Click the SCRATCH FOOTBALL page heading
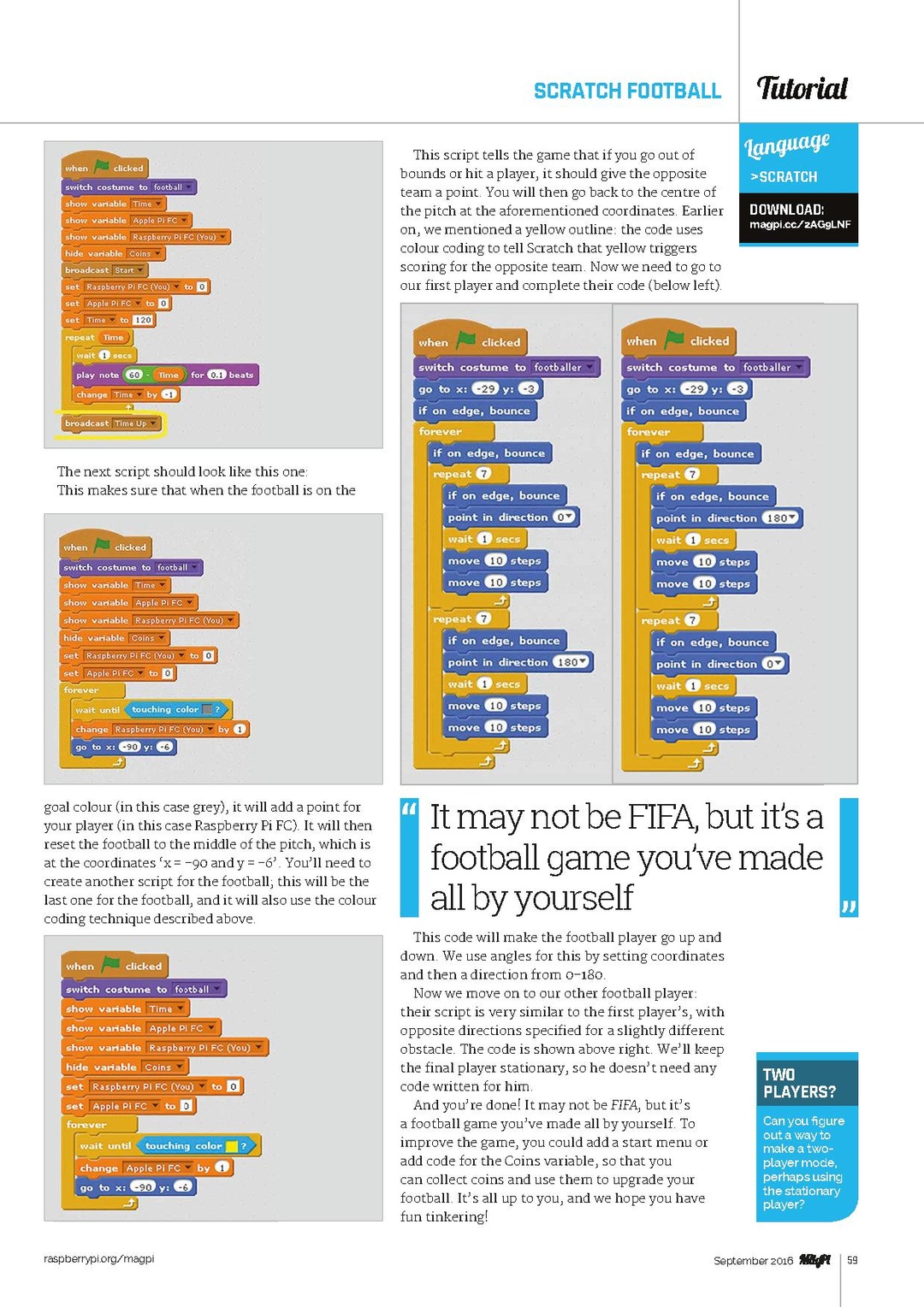pyautogui.click(x=627, y=91)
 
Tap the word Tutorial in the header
pyautogui.click(x=802, y=88)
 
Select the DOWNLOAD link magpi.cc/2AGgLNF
pyautogui.click(x=800, y=225)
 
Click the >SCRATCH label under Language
pyautogui.click(x=784, y=177)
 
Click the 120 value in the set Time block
pyautogui.click(x=143, y=320)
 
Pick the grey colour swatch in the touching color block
pyautogui.click(x=206, y=709)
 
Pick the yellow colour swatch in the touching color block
pyautogui.click(x=231, y=1146)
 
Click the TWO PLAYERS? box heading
pyautogui.click(x=798, y=1083)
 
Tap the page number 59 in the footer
pyautogui.click(x=852, y=1260)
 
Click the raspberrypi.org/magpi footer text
pyautogui.click(x=99, y=1258)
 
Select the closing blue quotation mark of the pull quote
pyautogui.click(x=848, y=907)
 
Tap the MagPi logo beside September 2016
pyautogui.click(x=814, y=1260)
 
